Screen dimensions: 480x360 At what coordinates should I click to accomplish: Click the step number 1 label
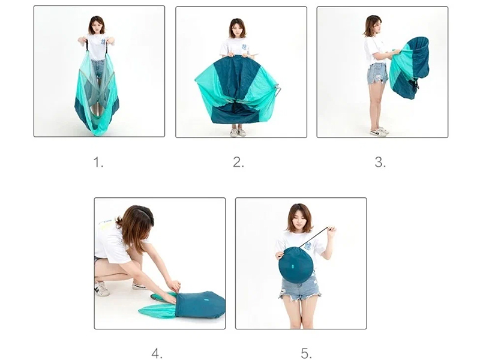click(98, 162)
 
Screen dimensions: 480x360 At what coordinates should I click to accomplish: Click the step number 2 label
click(238, 162)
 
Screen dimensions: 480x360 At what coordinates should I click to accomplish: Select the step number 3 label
click(380, 162)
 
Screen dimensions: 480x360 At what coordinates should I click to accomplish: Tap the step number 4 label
click(157, 353)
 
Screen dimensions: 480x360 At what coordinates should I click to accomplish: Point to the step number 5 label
click(306, 353)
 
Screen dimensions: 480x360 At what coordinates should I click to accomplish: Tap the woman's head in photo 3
click(373, 26)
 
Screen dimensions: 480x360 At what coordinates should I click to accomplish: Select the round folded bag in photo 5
click(296, 265)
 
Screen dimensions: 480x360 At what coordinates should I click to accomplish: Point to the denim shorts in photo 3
click(377, 73)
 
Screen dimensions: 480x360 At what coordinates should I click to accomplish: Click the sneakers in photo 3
click(380, 131)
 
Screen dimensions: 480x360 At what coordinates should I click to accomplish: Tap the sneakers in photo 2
click(238, 132)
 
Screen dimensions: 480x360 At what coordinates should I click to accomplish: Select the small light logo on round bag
click(292, 267)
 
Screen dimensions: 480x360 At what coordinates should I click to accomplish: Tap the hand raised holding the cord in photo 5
click(332, 231)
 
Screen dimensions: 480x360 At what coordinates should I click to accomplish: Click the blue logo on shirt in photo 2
click(244, 47)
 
